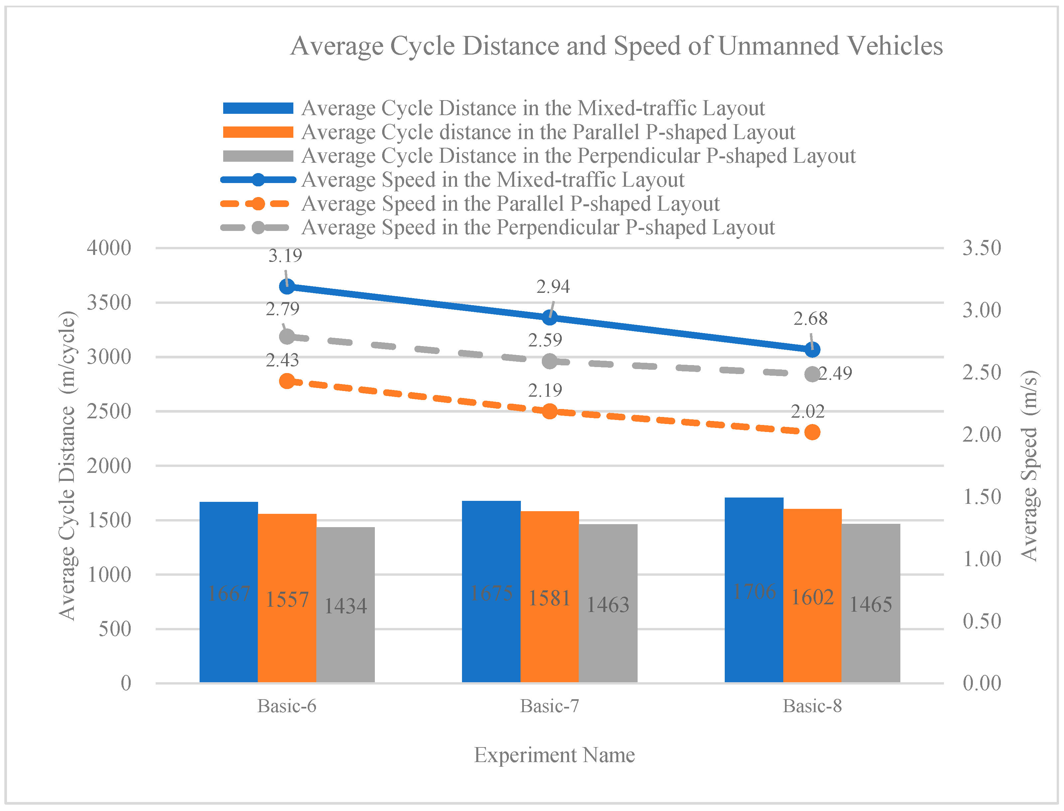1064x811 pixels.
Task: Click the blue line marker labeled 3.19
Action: (287, 287)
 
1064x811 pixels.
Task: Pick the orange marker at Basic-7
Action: (549, 411)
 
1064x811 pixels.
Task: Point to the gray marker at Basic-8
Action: (813, 374)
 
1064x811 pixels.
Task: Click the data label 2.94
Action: (553, 287)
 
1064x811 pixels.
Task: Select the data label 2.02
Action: (807, 411)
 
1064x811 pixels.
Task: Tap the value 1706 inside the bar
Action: (754, 591)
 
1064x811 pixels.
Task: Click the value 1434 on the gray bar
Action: (346, 606)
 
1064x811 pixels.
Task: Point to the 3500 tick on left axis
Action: (109, 303)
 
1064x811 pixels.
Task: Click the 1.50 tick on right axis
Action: (982, 497)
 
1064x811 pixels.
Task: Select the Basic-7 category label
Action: (549, 706)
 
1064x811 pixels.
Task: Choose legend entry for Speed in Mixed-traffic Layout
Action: (493, 180)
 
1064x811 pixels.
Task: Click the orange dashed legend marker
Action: (258, 204)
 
